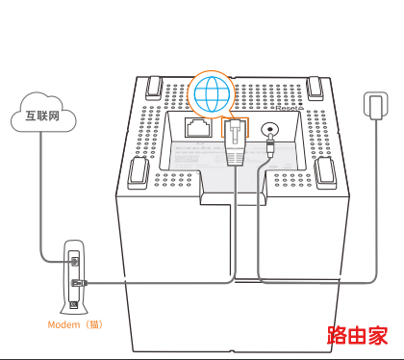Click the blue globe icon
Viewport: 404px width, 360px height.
(x=212, y=94)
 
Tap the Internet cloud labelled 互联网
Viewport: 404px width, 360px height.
(x=43, y=113)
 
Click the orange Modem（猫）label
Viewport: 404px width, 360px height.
(x=75, y=324)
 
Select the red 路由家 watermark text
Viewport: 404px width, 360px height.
(x=357, y=335)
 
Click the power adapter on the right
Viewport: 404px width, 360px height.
(x=376, y=106)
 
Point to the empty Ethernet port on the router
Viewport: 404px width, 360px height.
(x=199, y=127)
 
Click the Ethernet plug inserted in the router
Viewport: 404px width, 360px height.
(x=235, y=142)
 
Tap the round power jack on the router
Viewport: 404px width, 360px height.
(x=269, y=129)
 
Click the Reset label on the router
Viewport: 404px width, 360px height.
(x=289, y=108)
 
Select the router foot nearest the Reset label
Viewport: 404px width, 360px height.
(x=315, y=88)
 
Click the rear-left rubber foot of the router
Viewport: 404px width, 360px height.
(x=154, y=88)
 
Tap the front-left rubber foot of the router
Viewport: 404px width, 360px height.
(x=139, y=173)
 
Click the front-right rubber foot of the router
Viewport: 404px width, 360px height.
(x=326, y=172)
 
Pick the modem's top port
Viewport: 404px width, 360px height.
(x=75, y=261)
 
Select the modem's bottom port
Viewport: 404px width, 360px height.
(x=74, y=304)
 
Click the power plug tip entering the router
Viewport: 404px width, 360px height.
(x=270, y=146)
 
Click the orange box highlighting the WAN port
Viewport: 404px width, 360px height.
(x=235, y=127)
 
